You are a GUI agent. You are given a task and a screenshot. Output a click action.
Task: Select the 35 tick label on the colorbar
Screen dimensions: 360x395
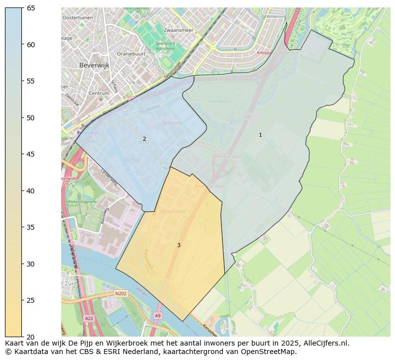[30, 227]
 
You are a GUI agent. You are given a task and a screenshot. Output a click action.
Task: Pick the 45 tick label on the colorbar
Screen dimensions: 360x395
[30, 154]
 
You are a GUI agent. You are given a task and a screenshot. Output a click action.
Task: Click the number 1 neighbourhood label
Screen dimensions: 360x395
[260, 135]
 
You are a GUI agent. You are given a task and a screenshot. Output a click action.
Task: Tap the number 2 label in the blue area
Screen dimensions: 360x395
[144, 139]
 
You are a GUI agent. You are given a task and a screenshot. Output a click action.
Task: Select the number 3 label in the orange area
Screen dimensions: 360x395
[179, 246]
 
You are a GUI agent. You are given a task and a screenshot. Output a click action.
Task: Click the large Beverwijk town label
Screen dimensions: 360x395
[94, 65]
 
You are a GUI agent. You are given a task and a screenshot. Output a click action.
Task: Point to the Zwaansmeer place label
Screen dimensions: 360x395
[178, 30]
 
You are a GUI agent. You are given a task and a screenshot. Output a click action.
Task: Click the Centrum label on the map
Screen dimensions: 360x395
[99, 93]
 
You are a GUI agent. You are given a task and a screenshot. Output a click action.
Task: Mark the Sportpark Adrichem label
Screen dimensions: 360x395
[165, 46]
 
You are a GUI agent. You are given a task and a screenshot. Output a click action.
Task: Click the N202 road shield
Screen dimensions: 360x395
[121, 294]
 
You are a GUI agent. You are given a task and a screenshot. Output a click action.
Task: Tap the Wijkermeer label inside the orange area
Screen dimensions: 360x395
[173, 211]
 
